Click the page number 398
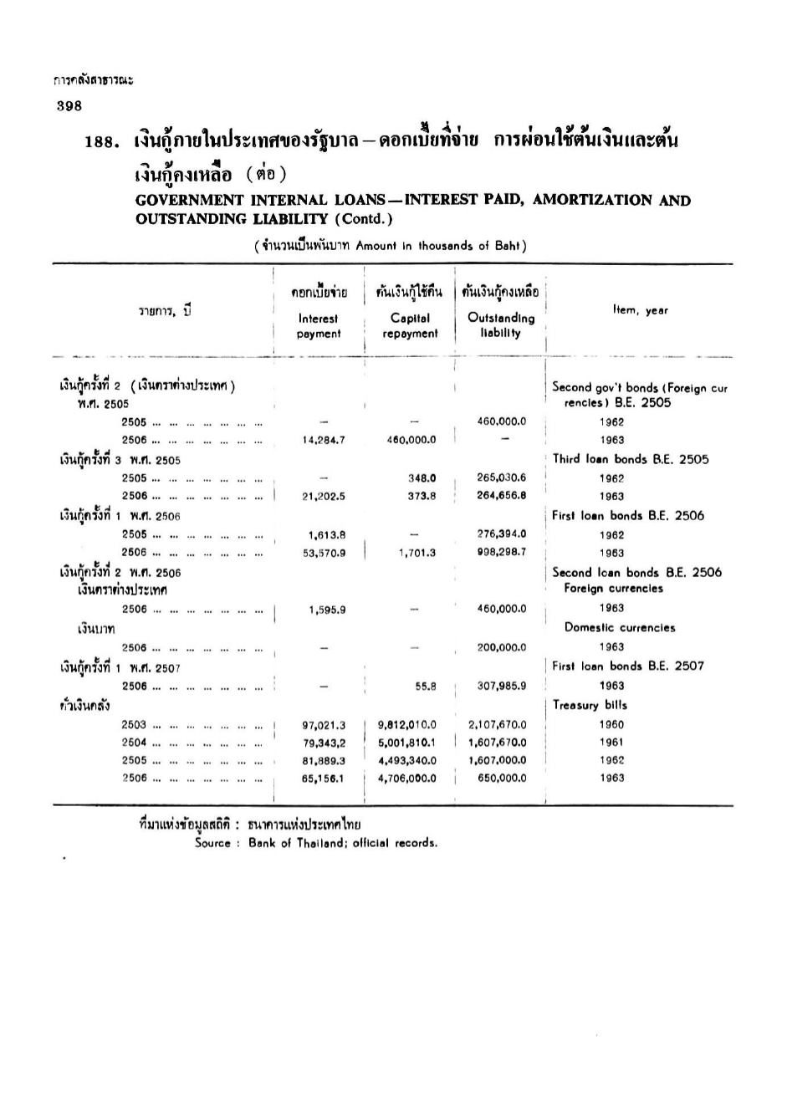click(69, 105)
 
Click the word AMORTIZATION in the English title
click(591, 200)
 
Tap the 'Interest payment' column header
click(319, 325)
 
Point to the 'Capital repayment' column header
click(410, 325)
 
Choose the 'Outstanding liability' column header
click(501, 324)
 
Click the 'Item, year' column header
click(640, 310)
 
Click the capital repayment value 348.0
click(422, 478)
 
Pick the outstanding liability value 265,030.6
click(502, 477)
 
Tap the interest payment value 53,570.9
click(324, 553)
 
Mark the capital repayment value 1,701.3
click(417, 553)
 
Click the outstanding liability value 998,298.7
click(502, 552)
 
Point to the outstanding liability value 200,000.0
click(502, 647)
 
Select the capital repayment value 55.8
click(426, 687)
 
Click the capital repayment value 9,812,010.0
click(407, 725)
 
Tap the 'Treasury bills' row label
click(590, 705)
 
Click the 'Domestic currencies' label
click(619, 628)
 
